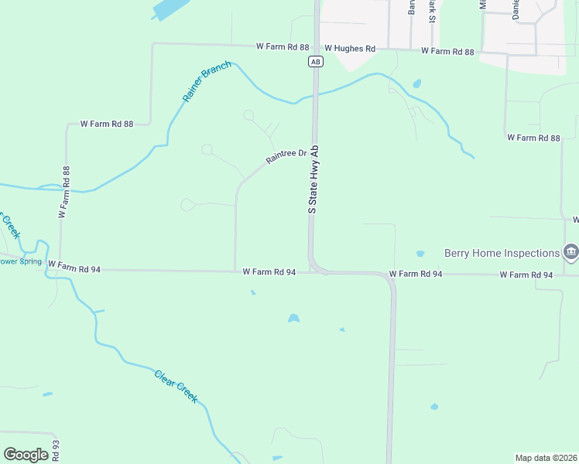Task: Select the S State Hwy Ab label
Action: pyautogui.click(x=313, y=179)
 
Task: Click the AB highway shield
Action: pyautogui.click(x=314, y=61)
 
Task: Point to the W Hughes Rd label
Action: pyautogui.click(x=350, y=49)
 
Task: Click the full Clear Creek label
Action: pyautogui.click(x=176, y=387)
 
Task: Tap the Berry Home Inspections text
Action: pyautogui.click(x=502, y=253)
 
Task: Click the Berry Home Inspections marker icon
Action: pyautogui.click(x=571, y=251)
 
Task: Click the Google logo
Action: pyautogui.click(x=26, y=455)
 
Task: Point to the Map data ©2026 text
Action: pyautogui.click(x=546, y=457)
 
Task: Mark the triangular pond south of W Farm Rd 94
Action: pyautogui.click(x=293, y=318)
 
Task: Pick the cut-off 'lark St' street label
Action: pyautogui.click(x=432, y=13)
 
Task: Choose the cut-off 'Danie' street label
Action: pyautogui.click(x=516, y=9)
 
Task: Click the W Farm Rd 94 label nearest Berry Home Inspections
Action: pyautogui.click(x=526, y=275)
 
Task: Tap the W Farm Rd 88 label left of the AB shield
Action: pyautogui.click(x=283, y=47)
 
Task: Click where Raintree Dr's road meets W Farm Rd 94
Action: pyautogui.click(x=235, y=271)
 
